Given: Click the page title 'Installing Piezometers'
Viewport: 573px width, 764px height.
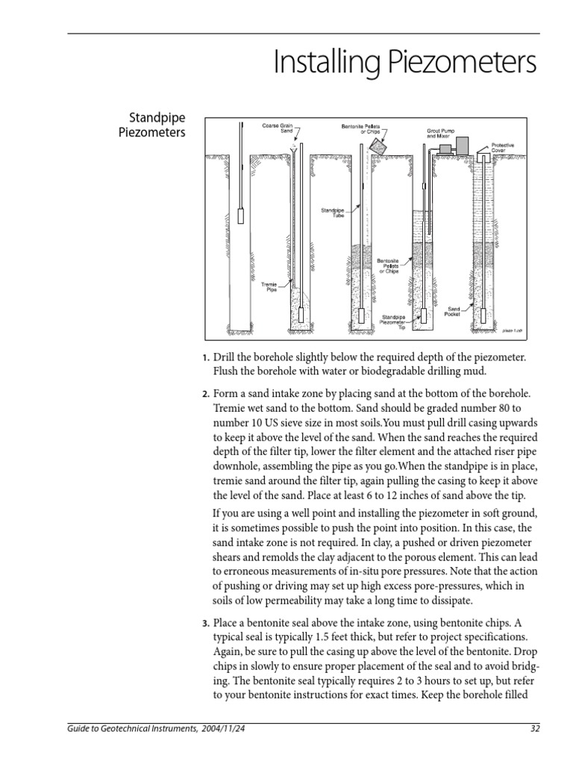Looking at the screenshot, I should click(x=405, y=64).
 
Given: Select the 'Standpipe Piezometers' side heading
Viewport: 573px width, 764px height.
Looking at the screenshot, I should click(x=157, y=125).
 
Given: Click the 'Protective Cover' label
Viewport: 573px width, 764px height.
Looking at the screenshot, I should click(x=503, y=147).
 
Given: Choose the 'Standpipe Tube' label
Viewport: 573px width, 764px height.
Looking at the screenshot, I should click(x=332, y=213).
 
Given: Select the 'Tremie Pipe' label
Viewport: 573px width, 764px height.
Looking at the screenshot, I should click(x=269, y=287).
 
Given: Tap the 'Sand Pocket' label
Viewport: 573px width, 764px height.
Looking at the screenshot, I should click(x=454, y=311).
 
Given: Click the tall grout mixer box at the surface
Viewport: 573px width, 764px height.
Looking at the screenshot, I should click(x=464, y=145).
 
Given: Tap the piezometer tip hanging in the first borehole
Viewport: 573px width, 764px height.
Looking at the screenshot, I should click(x=241, y=215).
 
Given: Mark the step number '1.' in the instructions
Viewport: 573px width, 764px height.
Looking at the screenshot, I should click(x=207, y=358).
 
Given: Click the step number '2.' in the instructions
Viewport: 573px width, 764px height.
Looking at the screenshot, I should click(x=207, y=393).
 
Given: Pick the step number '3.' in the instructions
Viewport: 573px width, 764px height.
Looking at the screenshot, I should click(x=207, y=623).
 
